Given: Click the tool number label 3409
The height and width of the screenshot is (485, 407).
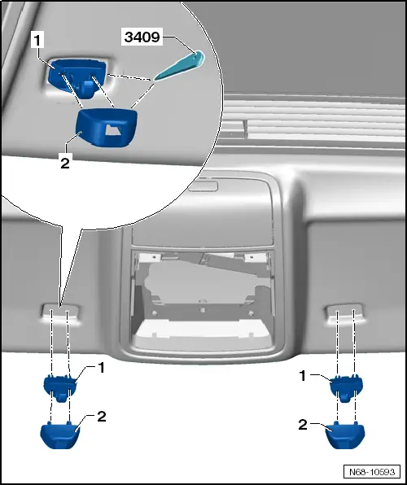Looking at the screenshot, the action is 142,37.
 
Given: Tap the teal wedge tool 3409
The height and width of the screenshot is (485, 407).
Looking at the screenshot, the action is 180,66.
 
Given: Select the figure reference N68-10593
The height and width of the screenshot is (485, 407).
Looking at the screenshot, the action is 372,472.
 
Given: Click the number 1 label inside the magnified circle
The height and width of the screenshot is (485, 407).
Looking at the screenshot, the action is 37,41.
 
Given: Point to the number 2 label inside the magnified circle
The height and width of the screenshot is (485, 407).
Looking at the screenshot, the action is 65,163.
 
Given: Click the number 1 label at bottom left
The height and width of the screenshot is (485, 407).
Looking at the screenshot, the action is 101,368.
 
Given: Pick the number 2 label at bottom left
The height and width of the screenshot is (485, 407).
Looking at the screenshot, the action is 101,417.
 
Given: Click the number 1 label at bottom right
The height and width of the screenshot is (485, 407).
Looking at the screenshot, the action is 303,376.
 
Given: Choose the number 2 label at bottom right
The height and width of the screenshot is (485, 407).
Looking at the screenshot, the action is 303,425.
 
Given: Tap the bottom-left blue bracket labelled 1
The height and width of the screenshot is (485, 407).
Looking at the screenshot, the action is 60,387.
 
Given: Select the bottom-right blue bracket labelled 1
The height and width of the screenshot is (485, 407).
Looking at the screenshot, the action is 346,388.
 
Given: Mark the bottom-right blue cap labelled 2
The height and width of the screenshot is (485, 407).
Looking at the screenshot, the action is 345,435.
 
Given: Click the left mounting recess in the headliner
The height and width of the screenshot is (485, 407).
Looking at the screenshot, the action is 61,313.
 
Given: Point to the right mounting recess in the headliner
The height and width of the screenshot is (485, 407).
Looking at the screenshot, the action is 344,313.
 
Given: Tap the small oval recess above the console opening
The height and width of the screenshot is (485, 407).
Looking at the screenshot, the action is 203,186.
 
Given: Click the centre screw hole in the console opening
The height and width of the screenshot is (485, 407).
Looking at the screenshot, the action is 203,310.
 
